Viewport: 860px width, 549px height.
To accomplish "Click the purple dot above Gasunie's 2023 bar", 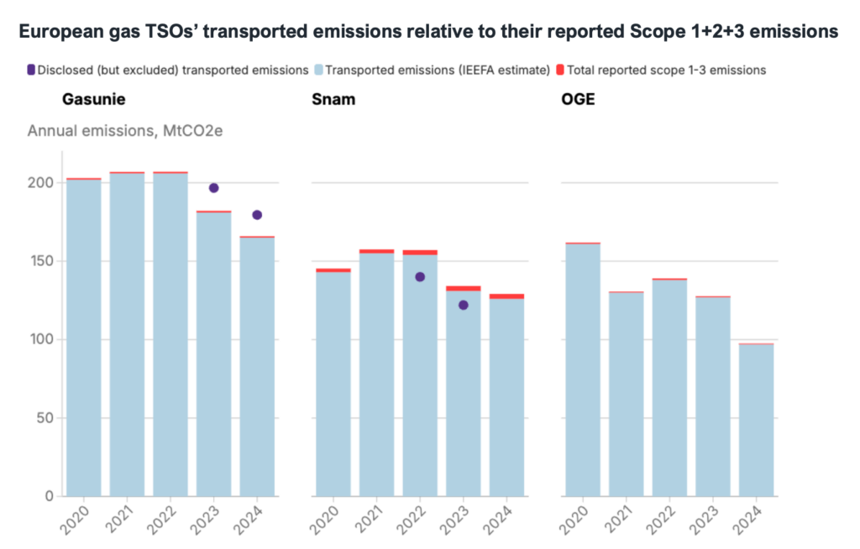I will click(213, 188).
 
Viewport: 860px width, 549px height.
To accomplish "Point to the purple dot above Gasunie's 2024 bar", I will click(257, 215).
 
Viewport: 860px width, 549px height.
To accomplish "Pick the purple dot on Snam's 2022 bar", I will click(420, 277).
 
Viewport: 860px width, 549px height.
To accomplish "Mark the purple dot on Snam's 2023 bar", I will click(463, 305).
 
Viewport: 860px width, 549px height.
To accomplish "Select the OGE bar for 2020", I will click(583, 369).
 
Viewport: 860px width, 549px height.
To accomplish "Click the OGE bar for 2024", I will click(756, 420).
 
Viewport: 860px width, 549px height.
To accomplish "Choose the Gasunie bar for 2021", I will click(127, 336).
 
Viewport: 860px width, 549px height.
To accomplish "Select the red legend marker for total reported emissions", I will click(560, 70).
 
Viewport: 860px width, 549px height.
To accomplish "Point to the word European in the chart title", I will click(61, 32).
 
